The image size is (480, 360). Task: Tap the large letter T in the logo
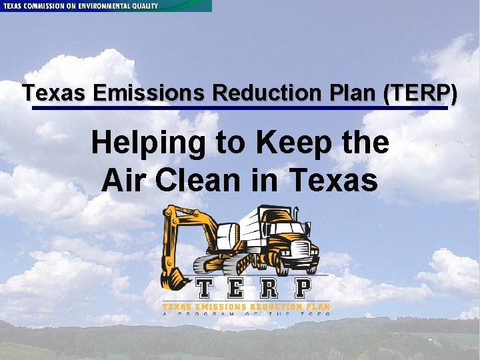pos(205,289)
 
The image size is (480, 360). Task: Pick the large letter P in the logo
pos(303,289)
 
